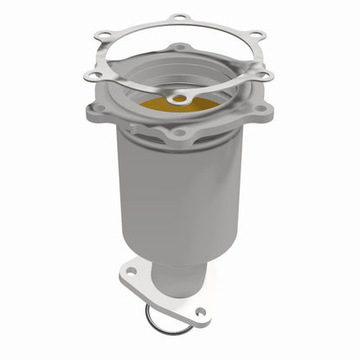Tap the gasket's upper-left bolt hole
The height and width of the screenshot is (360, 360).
pos(104,35)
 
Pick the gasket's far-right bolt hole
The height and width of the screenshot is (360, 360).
pos(267,76)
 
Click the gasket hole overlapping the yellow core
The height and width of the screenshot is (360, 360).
pos(179,100)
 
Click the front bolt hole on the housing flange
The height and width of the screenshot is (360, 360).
pos(179,133)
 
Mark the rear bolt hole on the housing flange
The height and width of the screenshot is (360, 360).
pos(179,47)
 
